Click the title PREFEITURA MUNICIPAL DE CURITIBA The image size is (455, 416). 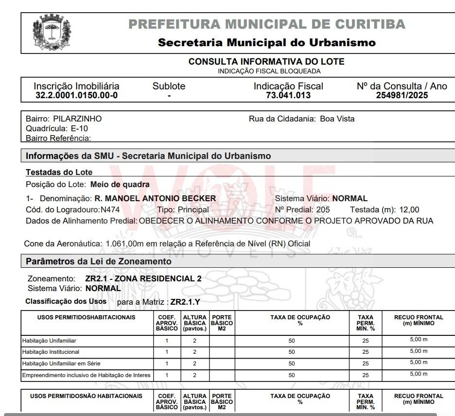pos(267,24)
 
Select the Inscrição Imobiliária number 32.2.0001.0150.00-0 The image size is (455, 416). pos(76,95)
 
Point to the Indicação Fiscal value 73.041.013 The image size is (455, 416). pos(288,95)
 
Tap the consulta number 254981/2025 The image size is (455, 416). pos(402,95)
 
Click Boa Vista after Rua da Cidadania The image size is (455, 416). pos(337,119)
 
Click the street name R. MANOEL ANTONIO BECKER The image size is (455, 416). pos(155,198)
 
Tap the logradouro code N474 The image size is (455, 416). pos(110,210)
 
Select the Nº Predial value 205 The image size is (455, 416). pos(322,210)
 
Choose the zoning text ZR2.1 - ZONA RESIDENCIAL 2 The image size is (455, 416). pos(143,278)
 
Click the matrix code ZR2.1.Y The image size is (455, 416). pos(185,302)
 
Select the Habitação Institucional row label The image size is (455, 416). pos(51,352)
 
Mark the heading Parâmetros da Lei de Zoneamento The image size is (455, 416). pos(99,261)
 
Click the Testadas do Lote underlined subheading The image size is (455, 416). pos(59,172)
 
